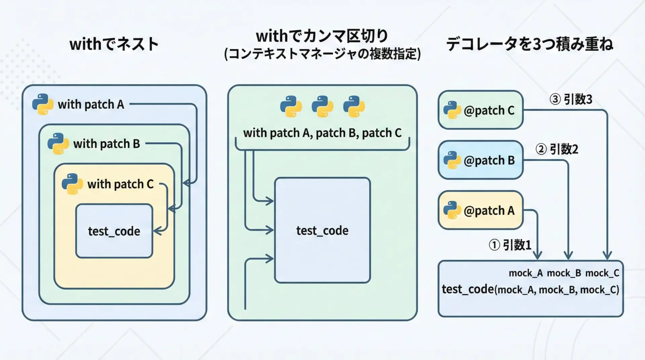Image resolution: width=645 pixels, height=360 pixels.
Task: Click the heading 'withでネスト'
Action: click(x=114, y=44)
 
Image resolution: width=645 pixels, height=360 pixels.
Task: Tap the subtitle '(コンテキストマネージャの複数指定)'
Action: click(x=322, y=54)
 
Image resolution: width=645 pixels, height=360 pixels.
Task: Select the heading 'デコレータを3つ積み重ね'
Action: click(x=530, y=44)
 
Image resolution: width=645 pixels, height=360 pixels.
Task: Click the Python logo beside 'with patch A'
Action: click(x=43, y=104)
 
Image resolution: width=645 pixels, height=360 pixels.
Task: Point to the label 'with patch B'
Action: click(x=106, y=144)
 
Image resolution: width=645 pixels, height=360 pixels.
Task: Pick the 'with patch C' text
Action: click(x=120, y=184)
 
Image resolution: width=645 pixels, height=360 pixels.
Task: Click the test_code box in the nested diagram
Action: click(x=114, y=231)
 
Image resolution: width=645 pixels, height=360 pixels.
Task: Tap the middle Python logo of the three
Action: click(x=322, y=106)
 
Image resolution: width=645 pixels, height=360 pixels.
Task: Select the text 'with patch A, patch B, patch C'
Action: click(x=322, y=133)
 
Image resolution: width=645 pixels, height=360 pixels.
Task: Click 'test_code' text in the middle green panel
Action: click(x=322, y=231)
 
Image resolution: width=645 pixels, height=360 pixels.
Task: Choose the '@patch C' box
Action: click(x=480, y=110)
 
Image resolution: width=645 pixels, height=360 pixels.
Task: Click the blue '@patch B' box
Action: click(x=480, y=160)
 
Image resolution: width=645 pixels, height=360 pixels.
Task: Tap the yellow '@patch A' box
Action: click(x=480, y=210)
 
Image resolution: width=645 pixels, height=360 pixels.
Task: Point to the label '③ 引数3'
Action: click(x=571, y=99)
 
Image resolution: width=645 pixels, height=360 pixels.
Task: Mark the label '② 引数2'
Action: click(x=557, y=149)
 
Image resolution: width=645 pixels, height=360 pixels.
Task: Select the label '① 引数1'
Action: click(x=510, y=245)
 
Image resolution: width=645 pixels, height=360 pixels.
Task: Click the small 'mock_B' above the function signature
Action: click(x=564, y=273)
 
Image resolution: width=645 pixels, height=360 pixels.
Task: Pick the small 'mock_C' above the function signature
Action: click(x=602, y=273)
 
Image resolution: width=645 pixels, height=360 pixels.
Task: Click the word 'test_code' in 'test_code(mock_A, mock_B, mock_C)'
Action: click(x=468, y=289)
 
